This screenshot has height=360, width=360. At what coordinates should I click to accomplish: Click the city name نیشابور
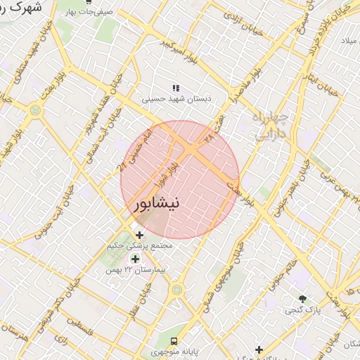[156, 203]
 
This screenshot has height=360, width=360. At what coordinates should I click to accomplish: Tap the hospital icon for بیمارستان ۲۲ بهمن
[135, 259]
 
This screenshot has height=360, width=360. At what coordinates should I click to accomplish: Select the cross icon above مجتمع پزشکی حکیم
[139, 235]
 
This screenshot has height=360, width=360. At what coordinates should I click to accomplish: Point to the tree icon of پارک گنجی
[303, 298]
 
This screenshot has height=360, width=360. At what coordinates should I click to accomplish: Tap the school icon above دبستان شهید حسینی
[176, 89]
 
